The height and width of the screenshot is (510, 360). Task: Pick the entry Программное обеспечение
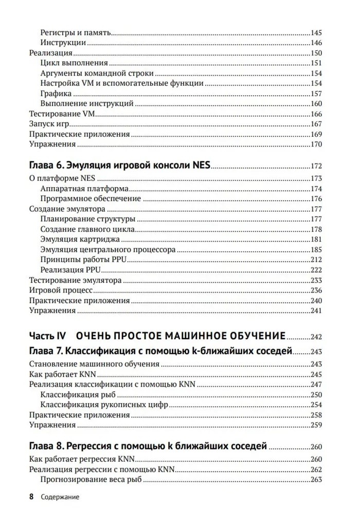click(90, 198)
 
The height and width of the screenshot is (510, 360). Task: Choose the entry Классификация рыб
click(78, 394)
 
